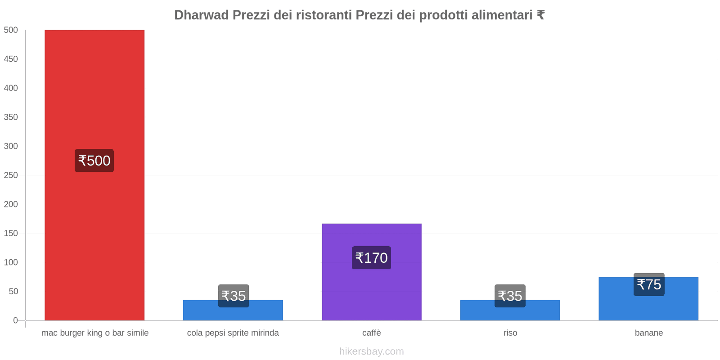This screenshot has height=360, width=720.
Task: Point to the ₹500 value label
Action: [94, 161]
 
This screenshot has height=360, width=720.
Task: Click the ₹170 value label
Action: [371, 258]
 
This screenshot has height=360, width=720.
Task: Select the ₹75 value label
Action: [649, 284]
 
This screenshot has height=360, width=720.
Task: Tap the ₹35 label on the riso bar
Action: [510, 296]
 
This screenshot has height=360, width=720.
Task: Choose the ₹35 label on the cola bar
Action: [234, 296]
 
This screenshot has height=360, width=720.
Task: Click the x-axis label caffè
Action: [371, 333]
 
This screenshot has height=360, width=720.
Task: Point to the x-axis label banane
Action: [648, 333]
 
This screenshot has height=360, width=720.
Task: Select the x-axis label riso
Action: [510, 333]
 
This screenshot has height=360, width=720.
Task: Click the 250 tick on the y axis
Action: [11, 175]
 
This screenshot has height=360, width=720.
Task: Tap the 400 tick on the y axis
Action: [11, 88]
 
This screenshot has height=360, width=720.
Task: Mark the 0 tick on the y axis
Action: [15, 320]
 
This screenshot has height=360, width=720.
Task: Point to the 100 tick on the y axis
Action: [11, 262]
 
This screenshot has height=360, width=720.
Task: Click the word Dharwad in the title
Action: [201, 15]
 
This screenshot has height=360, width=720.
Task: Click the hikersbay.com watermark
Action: [371, 351]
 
